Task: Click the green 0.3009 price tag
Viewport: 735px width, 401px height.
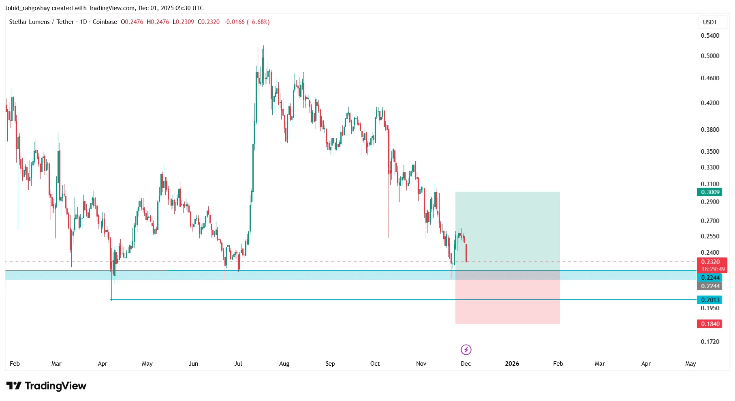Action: (710, 192)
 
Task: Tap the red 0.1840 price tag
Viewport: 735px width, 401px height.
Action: (710, 324)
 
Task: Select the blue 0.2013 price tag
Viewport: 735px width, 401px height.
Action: (710, 300)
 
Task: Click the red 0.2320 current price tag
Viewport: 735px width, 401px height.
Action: (711, 262)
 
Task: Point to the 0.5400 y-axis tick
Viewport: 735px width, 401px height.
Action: (710, 36)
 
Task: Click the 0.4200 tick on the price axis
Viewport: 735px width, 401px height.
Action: (710, 103)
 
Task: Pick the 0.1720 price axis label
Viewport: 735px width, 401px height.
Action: (710, 342)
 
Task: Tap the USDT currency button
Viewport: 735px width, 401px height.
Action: (710, 22)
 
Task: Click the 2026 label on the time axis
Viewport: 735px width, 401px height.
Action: (512, 364)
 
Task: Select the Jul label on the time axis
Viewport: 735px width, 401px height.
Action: (238, 364)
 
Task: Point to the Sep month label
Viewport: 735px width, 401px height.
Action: (330, 364)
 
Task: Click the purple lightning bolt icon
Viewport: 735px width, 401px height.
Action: (466, 350)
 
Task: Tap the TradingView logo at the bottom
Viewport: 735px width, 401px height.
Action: (46, 386)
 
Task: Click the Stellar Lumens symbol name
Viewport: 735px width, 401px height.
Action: (29, 22)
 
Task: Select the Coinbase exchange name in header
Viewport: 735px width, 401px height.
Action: (105, 22)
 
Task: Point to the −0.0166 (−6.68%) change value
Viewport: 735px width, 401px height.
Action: (246, 22)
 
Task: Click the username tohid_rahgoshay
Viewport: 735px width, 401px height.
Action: (28, 8)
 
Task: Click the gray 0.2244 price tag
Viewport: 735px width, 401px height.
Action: (710, 286)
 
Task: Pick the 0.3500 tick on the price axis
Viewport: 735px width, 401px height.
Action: (710, 152)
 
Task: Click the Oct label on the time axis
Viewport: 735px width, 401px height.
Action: (375, 364)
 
